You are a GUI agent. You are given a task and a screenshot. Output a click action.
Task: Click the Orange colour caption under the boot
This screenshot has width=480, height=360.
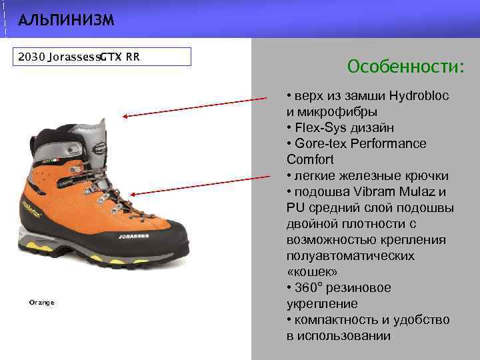coord(41,303)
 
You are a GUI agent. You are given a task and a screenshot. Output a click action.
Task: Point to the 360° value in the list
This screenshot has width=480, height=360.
coord(312,288)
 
